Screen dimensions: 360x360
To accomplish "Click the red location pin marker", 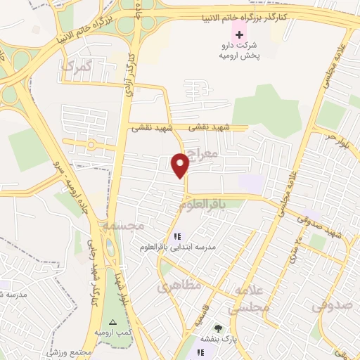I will point(181,165).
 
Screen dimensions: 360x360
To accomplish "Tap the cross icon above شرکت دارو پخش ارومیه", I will point(238,34).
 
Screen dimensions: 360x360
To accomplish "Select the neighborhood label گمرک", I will point(76,67).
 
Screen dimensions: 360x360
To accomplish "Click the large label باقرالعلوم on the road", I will point(202,205).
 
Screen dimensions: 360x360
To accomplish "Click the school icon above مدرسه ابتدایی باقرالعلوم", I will point(177,236).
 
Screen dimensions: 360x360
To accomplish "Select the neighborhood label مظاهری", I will point(179,285).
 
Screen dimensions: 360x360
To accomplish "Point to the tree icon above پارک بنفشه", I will point(218,327).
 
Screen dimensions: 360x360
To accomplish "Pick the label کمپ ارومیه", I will point(121,331).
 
